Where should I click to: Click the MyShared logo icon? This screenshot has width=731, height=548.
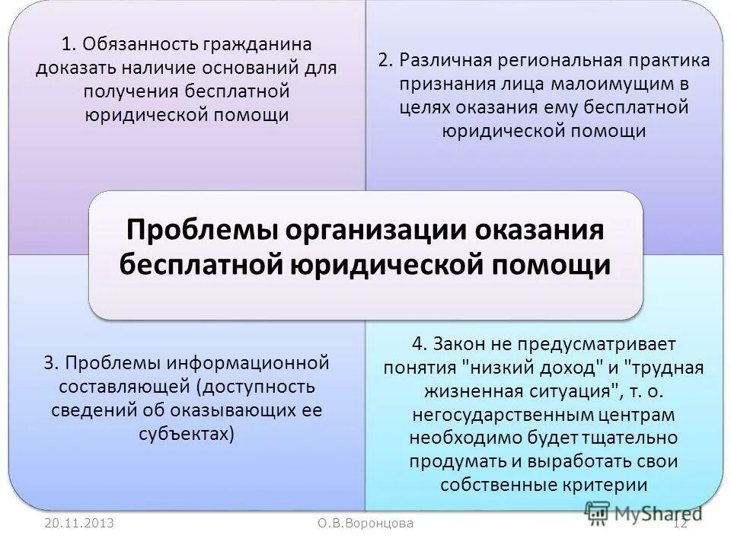click(x=600, y=514)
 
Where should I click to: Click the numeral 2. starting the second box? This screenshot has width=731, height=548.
click(x=385, y=60)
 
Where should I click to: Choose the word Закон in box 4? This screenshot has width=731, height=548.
click(x=463, y=343)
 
